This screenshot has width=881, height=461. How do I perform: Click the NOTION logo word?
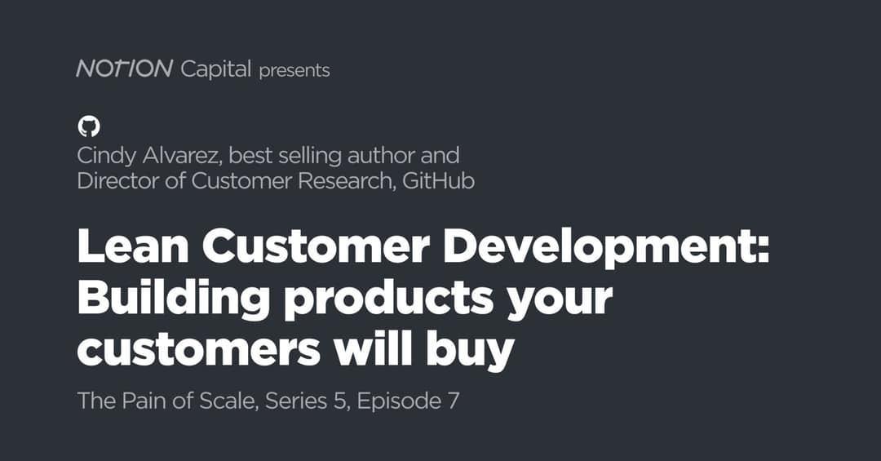point(124,69)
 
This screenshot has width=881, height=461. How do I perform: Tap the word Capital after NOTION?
point(215,70)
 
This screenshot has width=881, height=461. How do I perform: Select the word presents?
point(294,71)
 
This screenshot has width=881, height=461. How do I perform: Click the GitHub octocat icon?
point(88,126)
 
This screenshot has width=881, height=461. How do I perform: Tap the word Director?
point(120,180)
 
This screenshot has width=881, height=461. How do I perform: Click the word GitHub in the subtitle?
point(439,180)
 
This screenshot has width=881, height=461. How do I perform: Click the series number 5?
point(338,401)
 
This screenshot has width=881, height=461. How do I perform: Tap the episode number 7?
point(453,401)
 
